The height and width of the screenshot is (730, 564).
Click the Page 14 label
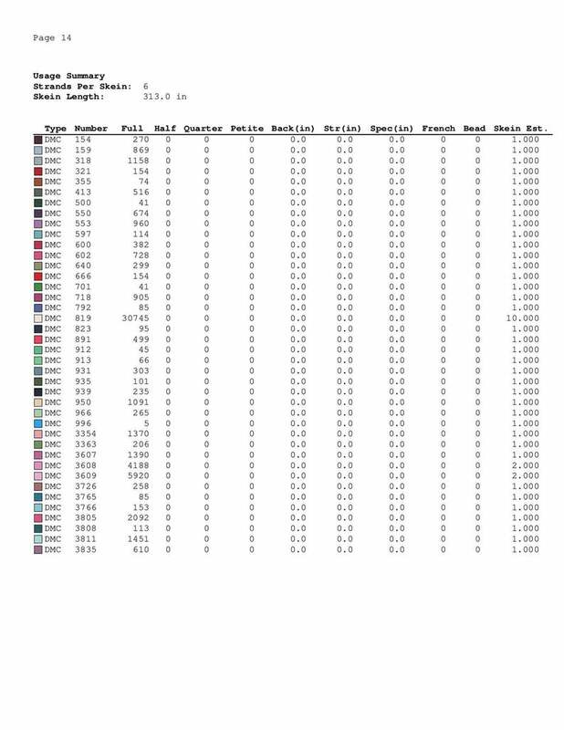click(52, 37)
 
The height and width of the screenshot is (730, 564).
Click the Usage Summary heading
click(68, 76)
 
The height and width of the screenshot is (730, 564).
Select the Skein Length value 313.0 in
click(165, 95)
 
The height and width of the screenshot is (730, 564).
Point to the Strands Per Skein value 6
click(147, 86)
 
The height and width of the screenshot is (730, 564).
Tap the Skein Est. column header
click(519, 128)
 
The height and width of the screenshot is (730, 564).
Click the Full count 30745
click(135, 318)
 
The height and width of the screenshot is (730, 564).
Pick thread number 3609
click(87, 475)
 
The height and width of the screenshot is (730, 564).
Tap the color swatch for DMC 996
click(38, 423)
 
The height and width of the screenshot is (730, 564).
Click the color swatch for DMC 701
click(38, 287)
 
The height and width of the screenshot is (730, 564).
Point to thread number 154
click(82, 140)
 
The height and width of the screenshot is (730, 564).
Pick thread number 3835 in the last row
click(87, 549)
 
